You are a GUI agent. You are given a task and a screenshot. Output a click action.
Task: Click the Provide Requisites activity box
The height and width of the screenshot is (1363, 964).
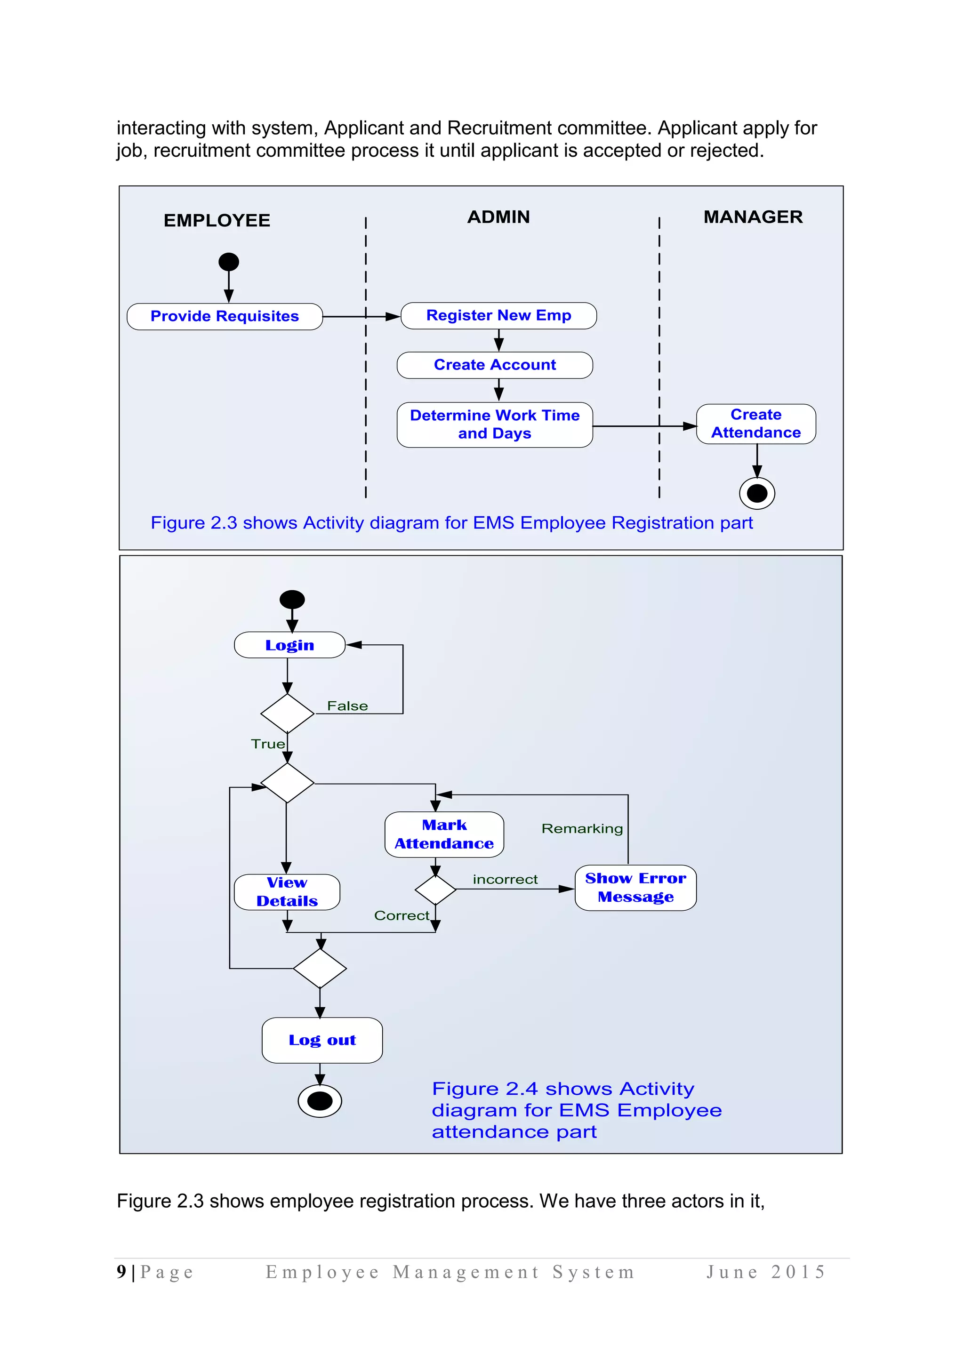tap(225, 316)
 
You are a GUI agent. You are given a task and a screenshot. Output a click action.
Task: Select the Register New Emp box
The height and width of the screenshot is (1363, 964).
tap(498, 315)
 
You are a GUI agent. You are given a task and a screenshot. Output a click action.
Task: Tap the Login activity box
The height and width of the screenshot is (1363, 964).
tap(289, 645)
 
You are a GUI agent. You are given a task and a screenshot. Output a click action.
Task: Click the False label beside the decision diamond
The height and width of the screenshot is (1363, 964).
tap(347, 706)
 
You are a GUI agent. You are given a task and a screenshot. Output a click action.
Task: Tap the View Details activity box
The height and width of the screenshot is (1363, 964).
tap(287, 892)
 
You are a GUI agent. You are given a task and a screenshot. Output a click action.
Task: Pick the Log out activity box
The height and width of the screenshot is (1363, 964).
tap(322, 1040)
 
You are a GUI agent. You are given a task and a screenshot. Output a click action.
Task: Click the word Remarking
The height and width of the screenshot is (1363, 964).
tap(582, 829)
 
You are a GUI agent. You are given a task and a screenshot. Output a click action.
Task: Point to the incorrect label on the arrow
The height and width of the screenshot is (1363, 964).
tap(505, 879)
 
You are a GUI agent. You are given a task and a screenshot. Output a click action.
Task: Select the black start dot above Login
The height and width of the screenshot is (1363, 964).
tap(292, 600)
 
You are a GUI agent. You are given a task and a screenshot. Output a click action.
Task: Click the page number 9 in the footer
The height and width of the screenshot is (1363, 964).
tap(122, 1272)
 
